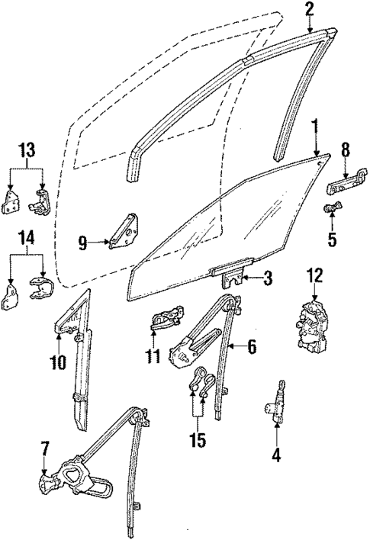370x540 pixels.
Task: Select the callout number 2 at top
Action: [309, 10]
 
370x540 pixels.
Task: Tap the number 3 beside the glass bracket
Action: [267, 280]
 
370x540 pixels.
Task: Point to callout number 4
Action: [277, 457]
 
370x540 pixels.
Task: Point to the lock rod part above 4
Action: [279, 400]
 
